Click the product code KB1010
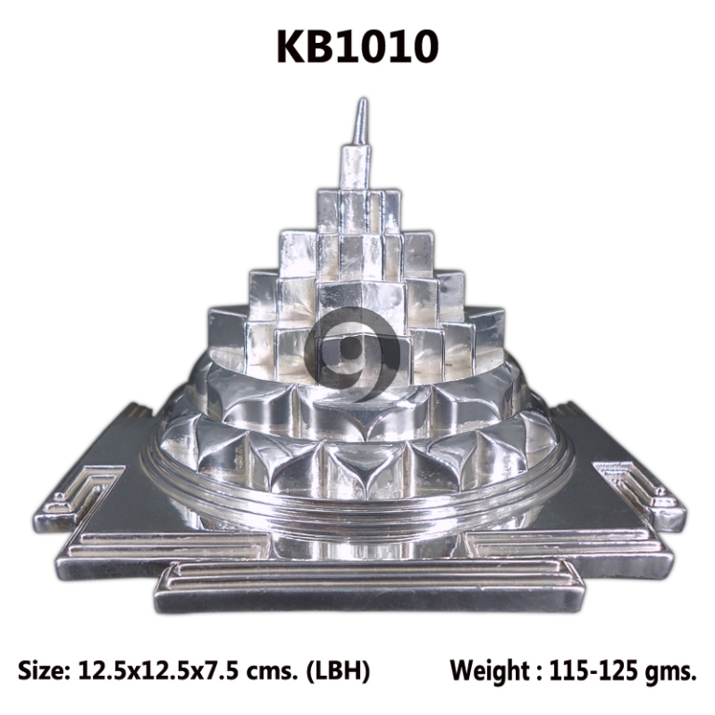tap(357, 47)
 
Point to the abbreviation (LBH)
tap(337, 671)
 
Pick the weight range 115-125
tap(594, 670)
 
